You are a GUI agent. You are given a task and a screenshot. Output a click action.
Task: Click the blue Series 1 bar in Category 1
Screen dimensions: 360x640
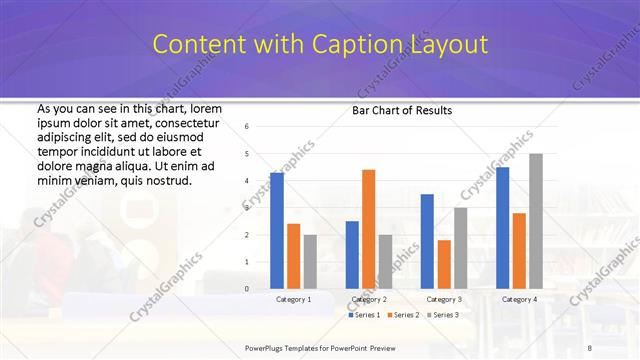(x=277, y=231)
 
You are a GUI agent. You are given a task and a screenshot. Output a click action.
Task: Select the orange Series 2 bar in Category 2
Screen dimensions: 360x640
(x=368, y=229)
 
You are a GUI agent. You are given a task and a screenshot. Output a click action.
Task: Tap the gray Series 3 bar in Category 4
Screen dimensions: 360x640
(x=536, y=221)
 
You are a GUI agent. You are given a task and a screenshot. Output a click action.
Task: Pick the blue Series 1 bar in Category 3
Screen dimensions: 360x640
(x=427, y=241)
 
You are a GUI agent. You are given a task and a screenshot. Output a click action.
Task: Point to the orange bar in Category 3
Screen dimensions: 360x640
(x=444, y=264)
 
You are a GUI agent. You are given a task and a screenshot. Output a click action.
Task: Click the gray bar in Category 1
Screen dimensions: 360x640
(x=310, y=262)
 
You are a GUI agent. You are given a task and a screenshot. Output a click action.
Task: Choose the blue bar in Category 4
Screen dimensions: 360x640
(x=502, y=228)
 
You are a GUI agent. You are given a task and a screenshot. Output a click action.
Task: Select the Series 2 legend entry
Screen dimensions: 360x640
(x=402, y=315)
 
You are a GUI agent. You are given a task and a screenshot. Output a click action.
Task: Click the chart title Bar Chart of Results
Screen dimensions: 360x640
(x=402, y=109)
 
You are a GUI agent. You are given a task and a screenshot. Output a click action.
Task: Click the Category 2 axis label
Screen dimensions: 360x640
(x=369, y=299)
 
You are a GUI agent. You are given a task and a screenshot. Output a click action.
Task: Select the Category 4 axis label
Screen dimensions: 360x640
(x=519, y=299)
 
